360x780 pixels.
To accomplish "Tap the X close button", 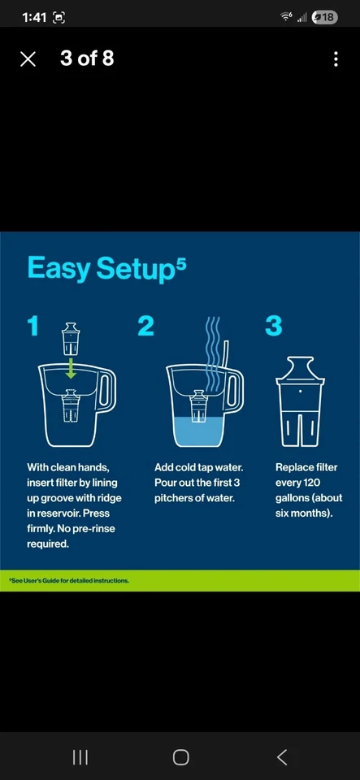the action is [28, 59].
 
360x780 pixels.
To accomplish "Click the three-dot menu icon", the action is [336, 59].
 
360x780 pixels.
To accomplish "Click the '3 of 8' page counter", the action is [87, 58].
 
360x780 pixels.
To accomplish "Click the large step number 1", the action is [33, 326].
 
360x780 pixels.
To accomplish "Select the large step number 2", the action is [145, 326].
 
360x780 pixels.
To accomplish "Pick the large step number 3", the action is [274, 326].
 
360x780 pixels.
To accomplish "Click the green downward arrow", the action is [71, 368].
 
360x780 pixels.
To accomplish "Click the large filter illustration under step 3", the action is [301, 401].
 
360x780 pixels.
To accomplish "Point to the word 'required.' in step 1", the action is [48, 544].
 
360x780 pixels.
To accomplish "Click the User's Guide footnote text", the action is [69, 580].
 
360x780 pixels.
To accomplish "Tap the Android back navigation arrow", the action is [282, 757].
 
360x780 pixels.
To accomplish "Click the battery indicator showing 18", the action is [325, 17].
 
